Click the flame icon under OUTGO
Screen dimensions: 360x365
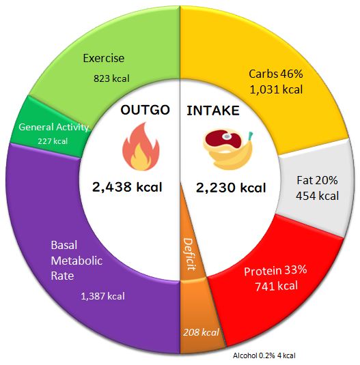click(141, 147)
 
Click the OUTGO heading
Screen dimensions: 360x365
click(145, 110)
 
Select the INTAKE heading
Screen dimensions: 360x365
click(213, 111)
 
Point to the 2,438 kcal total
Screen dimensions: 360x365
click(127, 187)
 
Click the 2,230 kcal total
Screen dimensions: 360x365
click(231, 188)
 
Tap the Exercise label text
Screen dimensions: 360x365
click(103, 58)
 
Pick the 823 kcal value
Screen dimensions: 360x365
click(111, 78)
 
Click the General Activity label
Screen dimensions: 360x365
click(53, 128)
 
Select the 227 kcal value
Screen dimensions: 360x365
click(53, 141)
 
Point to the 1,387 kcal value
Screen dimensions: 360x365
click(102, 296)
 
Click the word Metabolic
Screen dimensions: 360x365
click(77, 261)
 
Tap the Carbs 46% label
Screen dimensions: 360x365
click(276, 74)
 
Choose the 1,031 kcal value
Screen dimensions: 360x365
click(277, 89)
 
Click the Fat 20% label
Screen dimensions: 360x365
click(317, 180)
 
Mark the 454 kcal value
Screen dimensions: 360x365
click(318, 196)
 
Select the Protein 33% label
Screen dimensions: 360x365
click(275, 271)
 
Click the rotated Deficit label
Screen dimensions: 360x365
click(189, 254)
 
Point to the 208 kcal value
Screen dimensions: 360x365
click(201, 332)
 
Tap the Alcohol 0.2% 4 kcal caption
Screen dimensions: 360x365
click(264, 355)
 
